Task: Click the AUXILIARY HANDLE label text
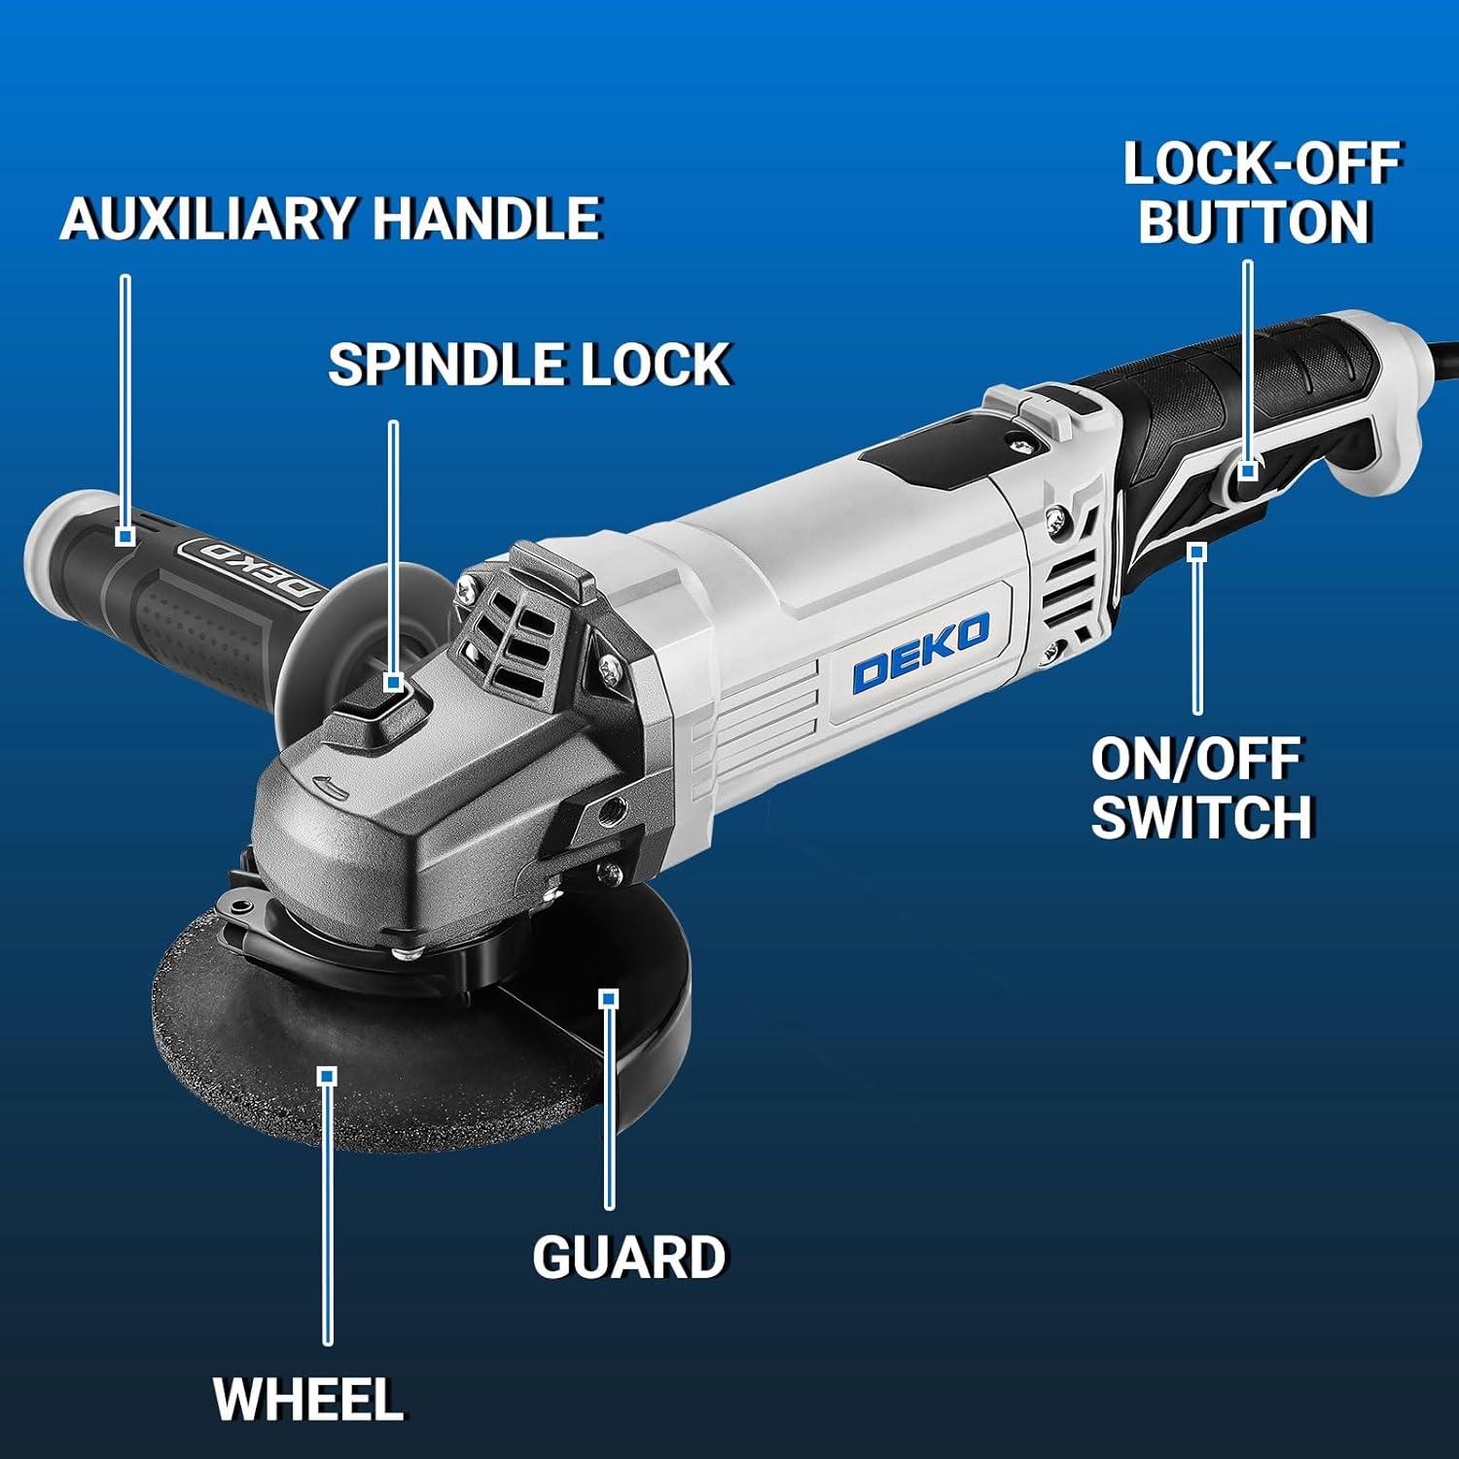(331, 218)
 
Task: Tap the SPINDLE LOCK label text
(529, 365)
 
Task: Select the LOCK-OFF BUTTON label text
(1261, 192)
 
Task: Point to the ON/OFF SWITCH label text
(1201, 788)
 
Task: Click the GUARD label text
(629, 1256)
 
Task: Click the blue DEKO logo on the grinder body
(920, 653)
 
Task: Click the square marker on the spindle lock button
(393, 683)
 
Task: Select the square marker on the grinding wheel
(328, 1075)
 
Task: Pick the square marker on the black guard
(609, 998)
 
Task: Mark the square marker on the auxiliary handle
(125, 536)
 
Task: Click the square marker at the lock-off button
(1248, 471)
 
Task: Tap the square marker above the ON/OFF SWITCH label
(1197, 552)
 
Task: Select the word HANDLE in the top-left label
(487, 218)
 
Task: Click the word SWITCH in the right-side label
(1201, 816)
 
